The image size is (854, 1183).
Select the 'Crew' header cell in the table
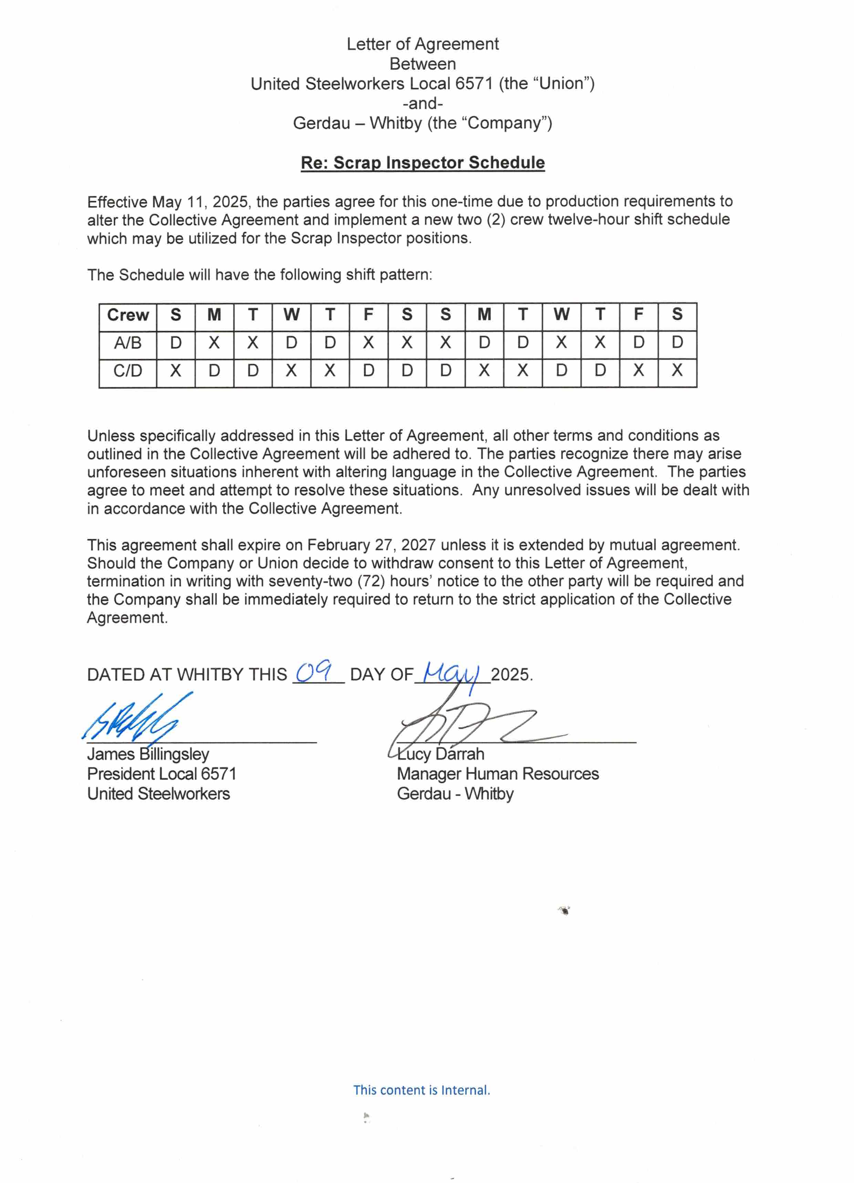(x=128, y=315)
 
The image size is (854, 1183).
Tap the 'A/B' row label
(x=128, y=343)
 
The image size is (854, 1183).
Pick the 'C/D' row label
(x=128, y=371)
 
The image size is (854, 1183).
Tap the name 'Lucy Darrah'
(x=440, y=754)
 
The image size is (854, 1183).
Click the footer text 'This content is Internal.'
(x=421, y=1090)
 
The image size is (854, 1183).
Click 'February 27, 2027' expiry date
(x=371, y=545)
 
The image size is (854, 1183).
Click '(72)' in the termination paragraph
(x=372, y=581)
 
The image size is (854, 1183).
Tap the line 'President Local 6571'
(x=162, y=774)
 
